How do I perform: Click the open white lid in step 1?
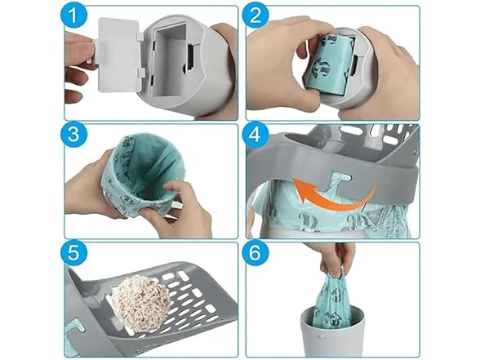coord(117,56)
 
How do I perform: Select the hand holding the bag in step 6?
coord(336,257)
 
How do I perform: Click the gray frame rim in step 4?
coord(327,159)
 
